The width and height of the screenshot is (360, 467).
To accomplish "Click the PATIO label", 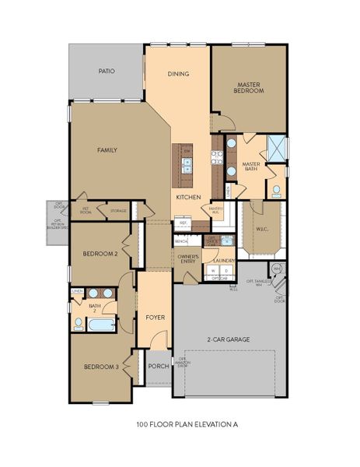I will coord(107,71).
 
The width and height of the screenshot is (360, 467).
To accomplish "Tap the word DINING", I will coord(178,75).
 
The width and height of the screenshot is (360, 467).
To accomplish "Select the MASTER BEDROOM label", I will coord(250,88).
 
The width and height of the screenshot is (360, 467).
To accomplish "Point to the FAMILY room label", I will coord(107,149).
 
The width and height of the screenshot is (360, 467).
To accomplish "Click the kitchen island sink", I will coord(187,164).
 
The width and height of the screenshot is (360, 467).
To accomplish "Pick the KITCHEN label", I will coord(188,198).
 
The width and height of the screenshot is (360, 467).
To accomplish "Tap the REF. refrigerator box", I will coord(183,223).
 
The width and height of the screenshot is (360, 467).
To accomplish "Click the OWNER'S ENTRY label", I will coord(188,259).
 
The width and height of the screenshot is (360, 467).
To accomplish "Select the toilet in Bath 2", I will coord(79,322).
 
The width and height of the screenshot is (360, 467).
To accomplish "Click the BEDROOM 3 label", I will coord(101,367).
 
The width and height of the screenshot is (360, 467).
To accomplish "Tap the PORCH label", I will coord(159,367).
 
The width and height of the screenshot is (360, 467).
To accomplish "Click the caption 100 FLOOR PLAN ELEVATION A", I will coord(180,426).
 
